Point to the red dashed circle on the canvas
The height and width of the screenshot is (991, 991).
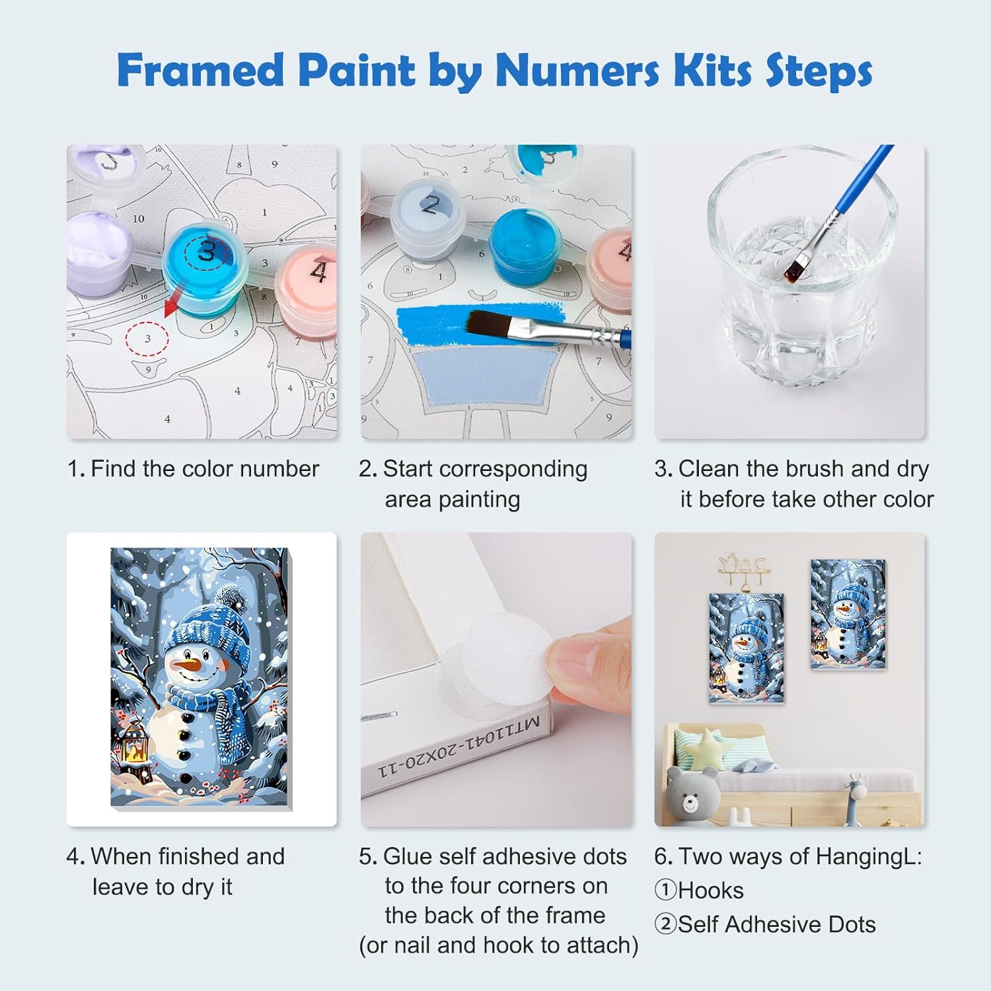(147, 339)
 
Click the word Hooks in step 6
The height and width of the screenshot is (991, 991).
(710, 891)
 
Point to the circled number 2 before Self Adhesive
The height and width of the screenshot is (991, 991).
(665, 924)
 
